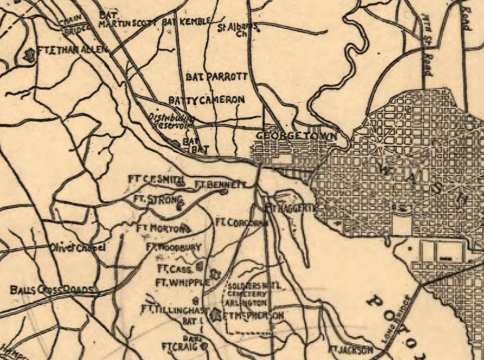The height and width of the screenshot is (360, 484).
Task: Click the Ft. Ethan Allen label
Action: click(x=71, y=50)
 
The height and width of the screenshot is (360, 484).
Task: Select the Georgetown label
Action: click(x=297, y=136)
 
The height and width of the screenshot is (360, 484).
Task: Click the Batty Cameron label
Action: click(x=207, y=99)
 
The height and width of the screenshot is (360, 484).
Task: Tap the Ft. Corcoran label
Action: click(x=242, y=222)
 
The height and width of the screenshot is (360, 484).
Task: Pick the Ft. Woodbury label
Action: click(x=173, y=246)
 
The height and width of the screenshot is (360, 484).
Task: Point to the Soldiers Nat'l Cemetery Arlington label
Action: click(x=249, y=294)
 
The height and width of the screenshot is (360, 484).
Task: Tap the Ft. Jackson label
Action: click(x=350, y=350)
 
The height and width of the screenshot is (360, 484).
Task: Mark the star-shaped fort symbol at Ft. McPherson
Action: click(x=216, y=316)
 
